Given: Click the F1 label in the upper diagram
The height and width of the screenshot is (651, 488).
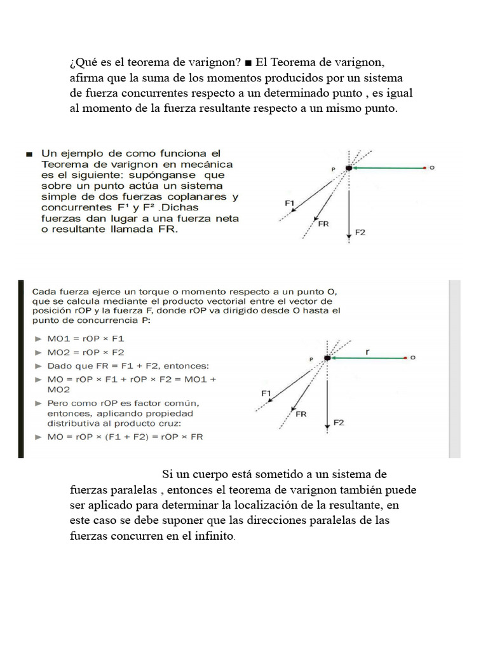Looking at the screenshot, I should pos(289,203).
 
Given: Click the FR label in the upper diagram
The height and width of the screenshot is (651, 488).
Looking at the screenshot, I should pos(322,223).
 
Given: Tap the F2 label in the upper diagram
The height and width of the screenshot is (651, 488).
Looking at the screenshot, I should pos(360,233).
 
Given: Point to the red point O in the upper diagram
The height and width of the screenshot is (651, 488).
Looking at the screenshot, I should pos(424,168).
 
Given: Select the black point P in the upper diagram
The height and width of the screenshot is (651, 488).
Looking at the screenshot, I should pos(348,168).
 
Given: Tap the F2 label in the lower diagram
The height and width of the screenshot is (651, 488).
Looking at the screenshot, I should pos(339,423).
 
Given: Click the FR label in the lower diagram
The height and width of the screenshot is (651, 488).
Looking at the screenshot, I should pos(301,414).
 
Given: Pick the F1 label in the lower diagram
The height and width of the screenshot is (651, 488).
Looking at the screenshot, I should pos(266,394).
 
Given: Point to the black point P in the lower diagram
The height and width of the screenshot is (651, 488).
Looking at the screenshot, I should pos(327,359).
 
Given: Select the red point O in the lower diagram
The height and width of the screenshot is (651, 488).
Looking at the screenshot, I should pos(405,359).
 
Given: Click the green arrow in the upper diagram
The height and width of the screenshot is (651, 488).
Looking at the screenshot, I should pos(388,168).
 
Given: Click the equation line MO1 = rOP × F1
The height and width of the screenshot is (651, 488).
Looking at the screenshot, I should pos(85,338).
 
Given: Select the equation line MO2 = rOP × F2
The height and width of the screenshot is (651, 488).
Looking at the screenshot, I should pos(85,352).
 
